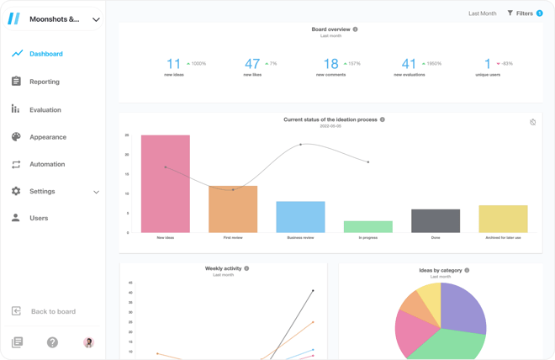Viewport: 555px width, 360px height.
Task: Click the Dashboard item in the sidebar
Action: pos(45,54)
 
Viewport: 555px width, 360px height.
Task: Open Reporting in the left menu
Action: pos(44,82)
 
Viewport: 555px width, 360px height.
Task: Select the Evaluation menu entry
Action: pos(45,109)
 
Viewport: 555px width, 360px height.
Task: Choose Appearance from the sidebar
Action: pos(47,137)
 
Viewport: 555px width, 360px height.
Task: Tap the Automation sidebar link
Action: pos(47,164)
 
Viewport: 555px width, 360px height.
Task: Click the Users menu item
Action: pos(39,218)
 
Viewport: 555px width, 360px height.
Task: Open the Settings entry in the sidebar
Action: pos(42,191)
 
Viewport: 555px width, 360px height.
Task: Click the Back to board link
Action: pos(52,311)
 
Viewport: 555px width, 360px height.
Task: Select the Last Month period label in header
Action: pos(483,13)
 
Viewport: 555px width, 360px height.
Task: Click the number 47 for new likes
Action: pos(252,64)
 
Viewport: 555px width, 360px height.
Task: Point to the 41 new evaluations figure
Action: pos(409,64)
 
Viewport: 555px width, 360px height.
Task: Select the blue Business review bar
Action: pos(300,216)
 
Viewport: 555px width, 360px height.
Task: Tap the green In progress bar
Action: pos(368,226)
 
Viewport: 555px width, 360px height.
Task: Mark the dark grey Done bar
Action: pos(436,220)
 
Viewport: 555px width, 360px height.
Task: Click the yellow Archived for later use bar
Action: pos(503,219)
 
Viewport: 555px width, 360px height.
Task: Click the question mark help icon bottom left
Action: pos(52,342)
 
